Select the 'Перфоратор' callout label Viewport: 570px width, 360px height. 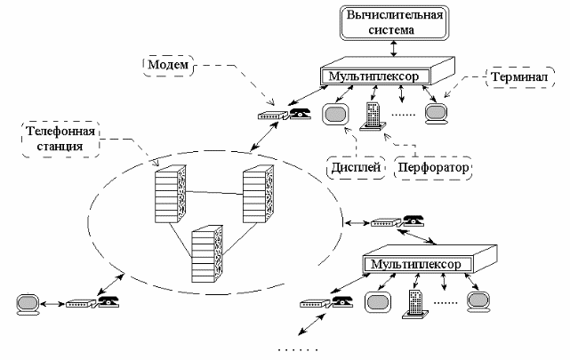click(433, 167)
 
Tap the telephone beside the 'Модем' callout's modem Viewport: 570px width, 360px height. click(300, 113)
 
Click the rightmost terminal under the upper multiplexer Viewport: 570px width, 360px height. click(436, 113)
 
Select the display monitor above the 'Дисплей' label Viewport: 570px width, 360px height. click(336, 115)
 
